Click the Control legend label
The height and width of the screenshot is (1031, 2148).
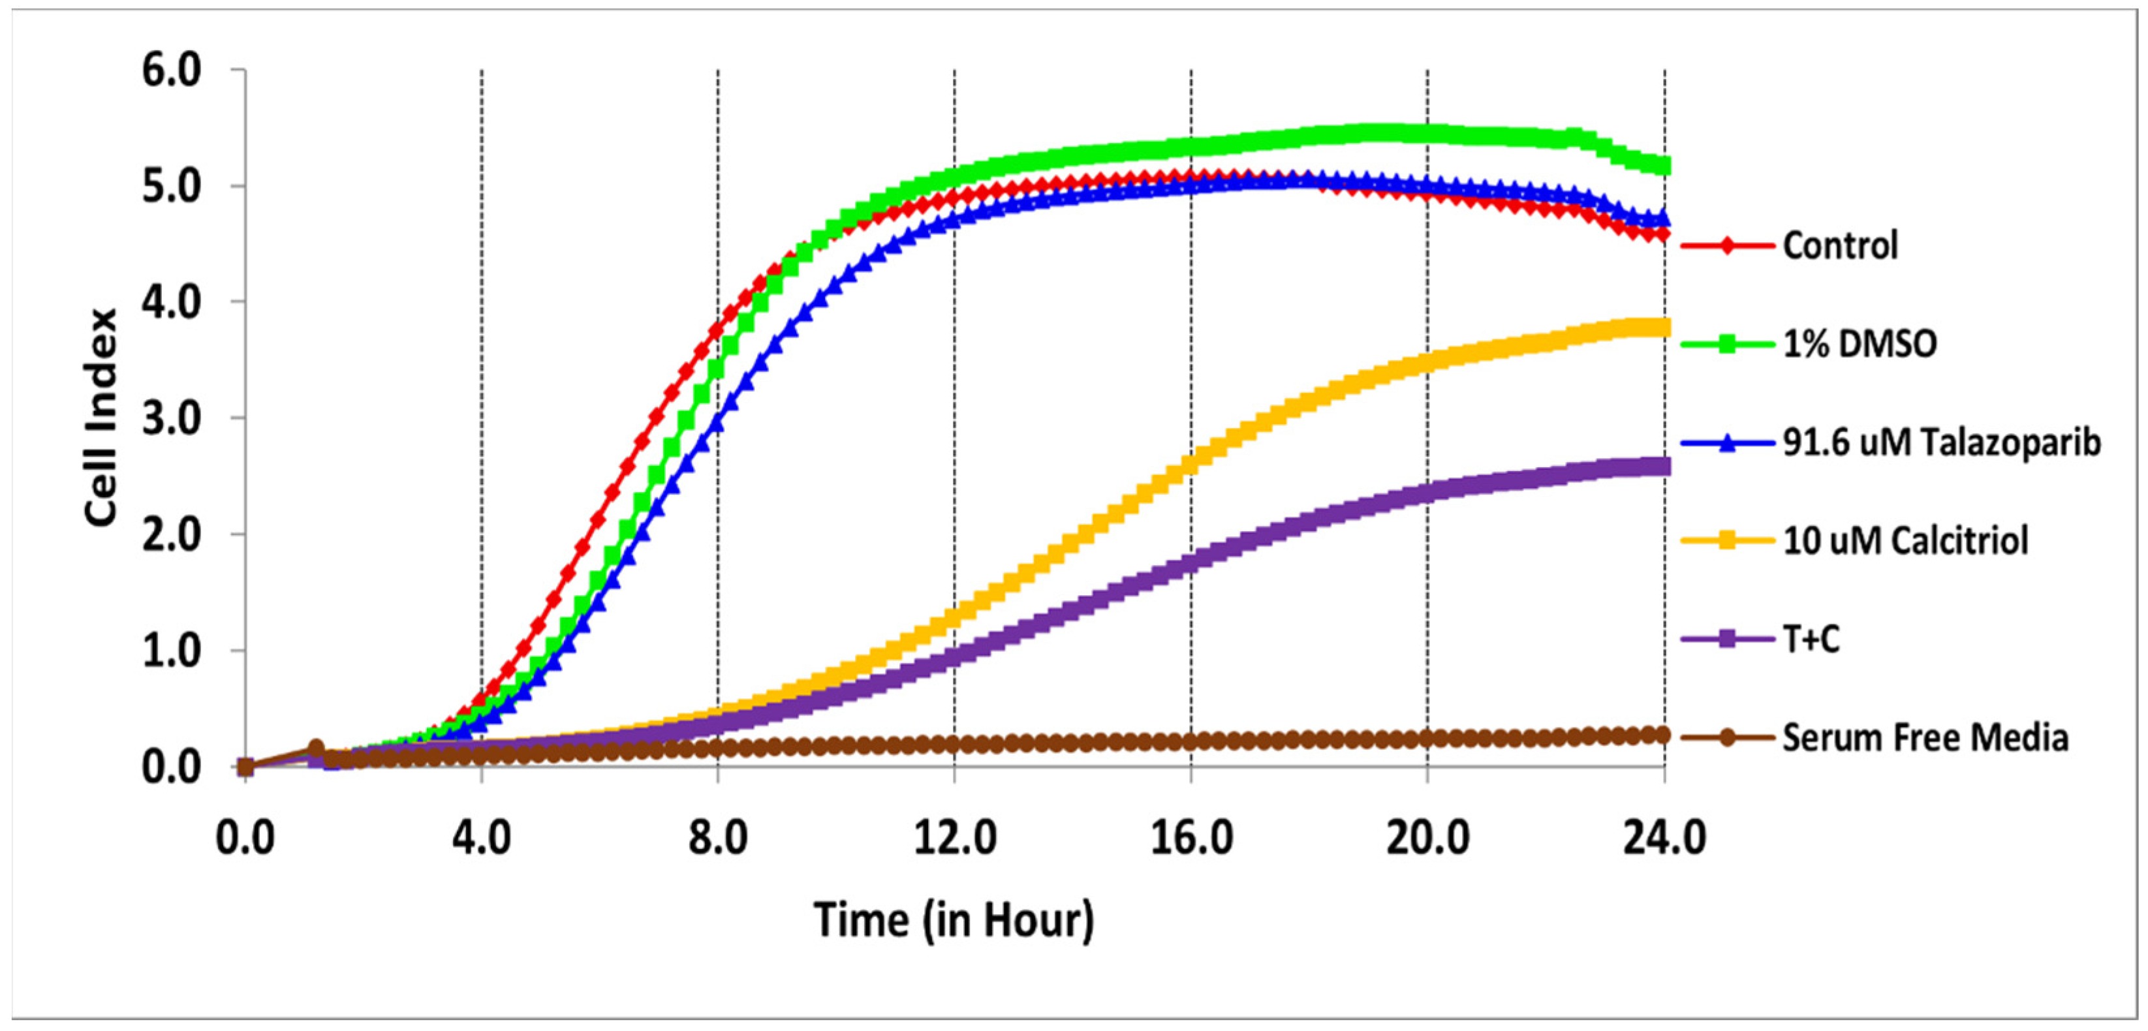pos(1839,246)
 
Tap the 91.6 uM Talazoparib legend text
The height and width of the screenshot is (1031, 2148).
pos(1941,442)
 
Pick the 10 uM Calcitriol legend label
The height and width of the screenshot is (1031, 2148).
pos(1905,541)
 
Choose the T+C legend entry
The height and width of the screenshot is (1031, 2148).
pos(1811,639)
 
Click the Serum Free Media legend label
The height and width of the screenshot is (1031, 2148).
pos(1925,737)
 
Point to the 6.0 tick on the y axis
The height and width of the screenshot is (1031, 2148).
pos(172,71)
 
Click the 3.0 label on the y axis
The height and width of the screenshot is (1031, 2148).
pos(172,418)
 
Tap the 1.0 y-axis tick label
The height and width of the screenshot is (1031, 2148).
pos(172,651)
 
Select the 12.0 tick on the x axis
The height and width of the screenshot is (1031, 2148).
pos(954,838)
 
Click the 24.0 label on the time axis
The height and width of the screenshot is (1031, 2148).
pos(1664,838)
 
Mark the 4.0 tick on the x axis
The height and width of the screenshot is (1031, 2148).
pos(481,838)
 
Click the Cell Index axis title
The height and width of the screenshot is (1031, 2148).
pos(101,418)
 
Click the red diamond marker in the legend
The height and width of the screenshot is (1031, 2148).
pos(1727,246)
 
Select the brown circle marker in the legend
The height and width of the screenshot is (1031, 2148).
pos(1727,737)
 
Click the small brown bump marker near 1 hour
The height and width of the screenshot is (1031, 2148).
pos(316,748)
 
